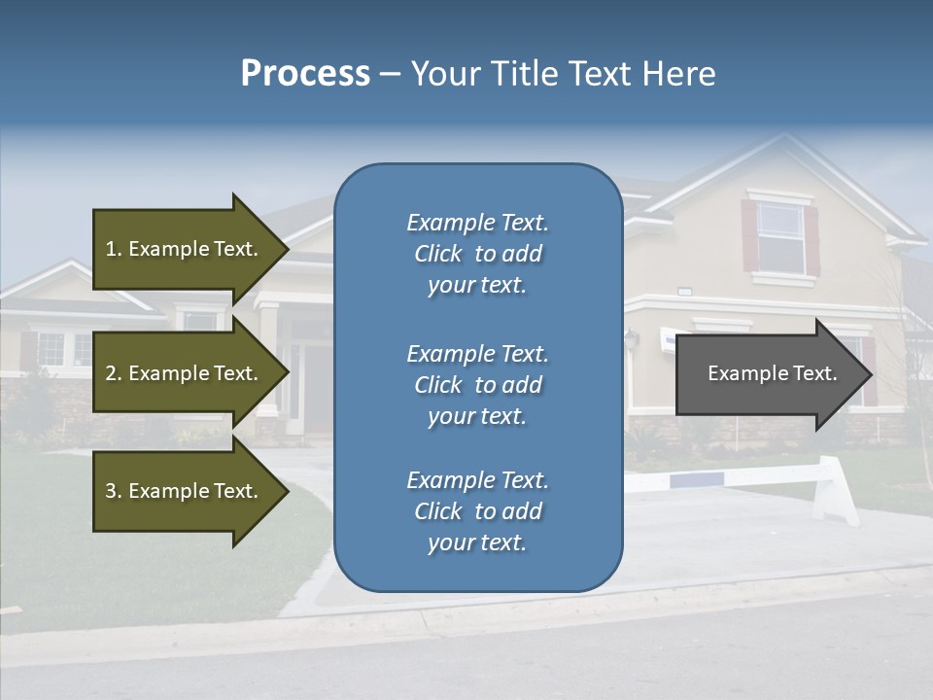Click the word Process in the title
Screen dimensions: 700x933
(305, 74)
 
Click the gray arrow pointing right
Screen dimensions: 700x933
(768, 374)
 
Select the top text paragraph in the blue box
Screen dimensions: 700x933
(477, 254)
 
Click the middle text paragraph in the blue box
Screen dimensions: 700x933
(477, 385)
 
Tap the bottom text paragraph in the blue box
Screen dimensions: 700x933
(477, 511)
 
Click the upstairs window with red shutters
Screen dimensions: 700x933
(779, 237)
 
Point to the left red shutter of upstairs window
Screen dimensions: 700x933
(749, 236)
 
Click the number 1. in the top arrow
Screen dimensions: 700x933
(114, 249)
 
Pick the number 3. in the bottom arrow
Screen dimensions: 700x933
(114, 491)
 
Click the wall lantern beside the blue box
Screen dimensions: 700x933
(632, 339)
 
